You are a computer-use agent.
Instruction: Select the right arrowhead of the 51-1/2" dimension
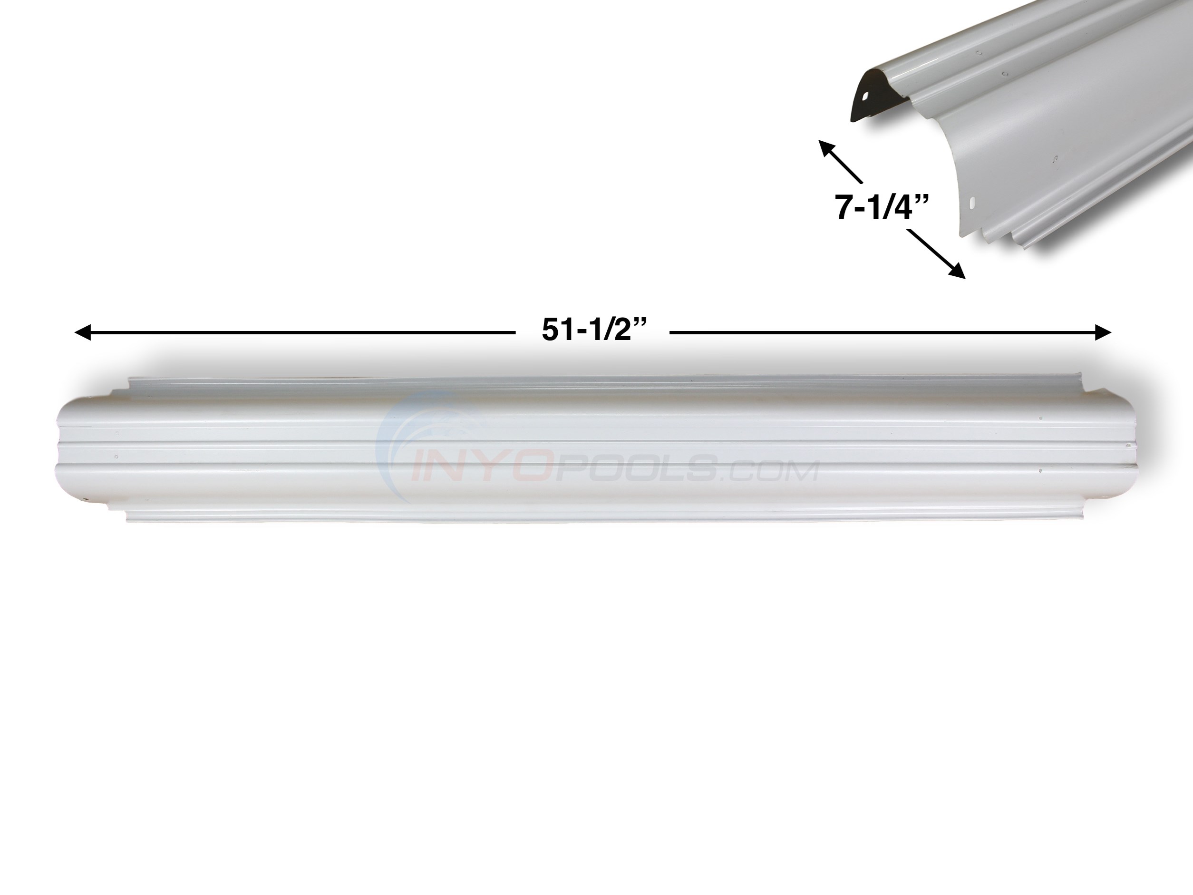point(1104,333)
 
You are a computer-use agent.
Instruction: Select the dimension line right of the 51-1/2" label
point(884,333)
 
